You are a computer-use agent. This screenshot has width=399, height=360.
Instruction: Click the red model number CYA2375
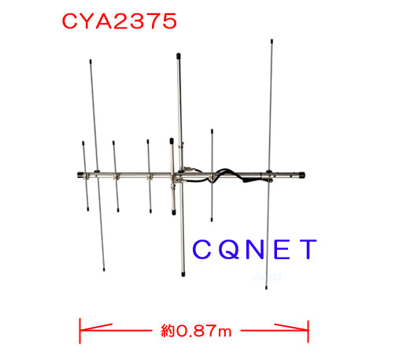pos(120,21)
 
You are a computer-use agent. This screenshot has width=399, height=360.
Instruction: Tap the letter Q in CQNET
pos(229,249)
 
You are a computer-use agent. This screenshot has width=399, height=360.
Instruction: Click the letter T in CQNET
pos(308,249)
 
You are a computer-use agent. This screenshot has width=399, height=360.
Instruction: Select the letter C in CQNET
pos(201,249)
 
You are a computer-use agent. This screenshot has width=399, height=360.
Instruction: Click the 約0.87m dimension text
pos(196,331)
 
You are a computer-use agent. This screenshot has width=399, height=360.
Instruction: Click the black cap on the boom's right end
pos(301,175)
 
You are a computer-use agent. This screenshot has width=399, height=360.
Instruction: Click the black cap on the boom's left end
pos(80,175)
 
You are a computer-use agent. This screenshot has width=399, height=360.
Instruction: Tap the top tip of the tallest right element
pos(272,40)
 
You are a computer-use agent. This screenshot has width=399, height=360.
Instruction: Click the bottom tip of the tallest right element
pos(266,288)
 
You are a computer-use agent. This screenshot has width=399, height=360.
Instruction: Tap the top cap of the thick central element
pos(179,56)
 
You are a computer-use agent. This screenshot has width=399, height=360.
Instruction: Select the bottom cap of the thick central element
pos(183,274)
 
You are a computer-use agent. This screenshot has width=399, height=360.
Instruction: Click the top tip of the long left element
pos(91,61)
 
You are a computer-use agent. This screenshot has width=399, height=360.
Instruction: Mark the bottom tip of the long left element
pos(104,269)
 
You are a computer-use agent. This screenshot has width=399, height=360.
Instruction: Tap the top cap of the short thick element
pos(172,141)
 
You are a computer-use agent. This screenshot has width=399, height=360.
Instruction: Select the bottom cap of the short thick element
pos(174,212)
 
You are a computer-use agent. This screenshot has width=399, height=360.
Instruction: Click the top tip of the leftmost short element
pos(83,143)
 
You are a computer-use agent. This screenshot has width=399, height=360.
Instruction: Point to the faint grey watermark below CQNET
pos(268,277)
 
